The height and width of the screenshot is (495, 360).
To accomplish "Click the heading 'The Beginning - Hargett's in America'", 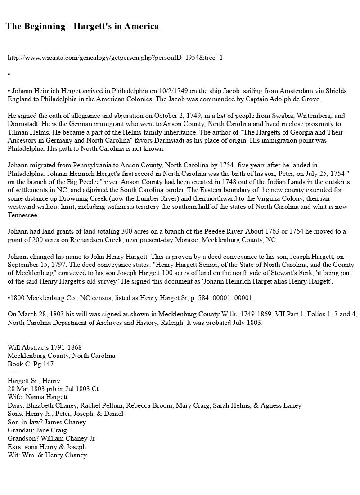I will tap(82, 27).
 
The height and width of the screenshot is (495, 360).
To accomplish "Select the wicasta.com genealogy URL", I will tap(115, 58).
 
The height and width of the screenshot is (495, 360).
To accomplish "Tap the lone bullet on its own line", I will tap(9, 74).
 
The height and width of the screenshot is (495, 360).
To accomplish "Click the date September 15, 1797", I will tap(39, 265).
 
